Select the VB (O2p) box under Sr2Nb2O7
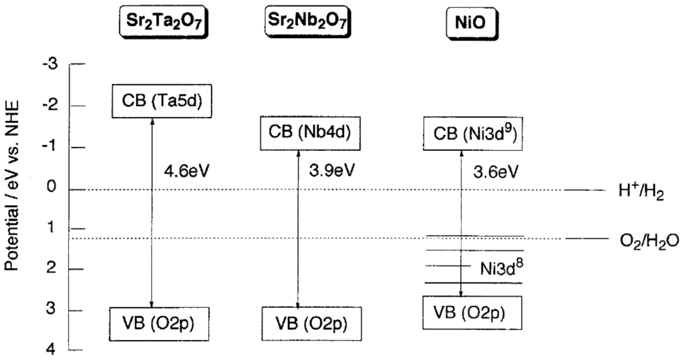point(305,324)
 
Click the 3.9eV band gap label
point(331,172)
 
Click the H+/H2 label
point(641,192)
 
